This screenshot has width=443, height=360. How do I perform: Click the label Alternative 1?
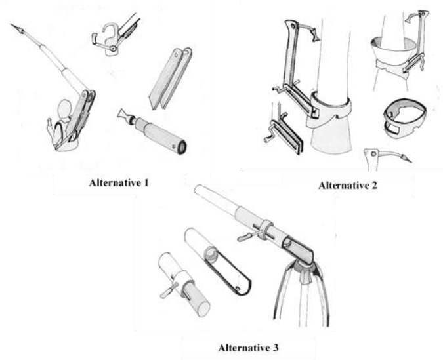click(x=118, y=183)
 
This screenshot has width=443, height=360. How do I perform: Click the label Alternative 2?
click(x=347, y=185)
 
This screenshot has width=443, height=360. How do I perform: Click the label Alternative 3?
click(x=248, y=348)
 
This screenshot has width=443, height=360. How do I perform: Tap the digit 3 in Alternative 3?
click(x=276, y=348)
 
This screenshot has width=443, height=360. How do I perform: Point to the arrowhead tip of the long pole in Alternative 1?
click(x=11, y=24)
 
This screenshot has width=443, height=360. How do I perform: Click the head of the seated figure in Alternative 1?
click(x=65, y=108)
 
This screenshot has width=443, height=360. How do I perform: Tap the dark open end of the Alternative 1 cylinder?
click(x=181, y=147)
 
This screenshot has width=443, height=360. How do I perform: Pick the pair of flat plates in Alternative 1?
click(x=171, y=78)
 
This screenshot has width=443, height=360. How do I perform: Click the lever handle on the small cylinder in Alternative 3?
click(x=169, y=290)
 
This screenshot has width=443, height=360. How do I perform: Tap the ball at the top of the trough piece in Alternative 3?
click(x=211, y=252)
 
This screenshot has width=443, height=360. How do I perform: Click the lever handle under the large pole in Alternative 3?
click(x=247, y=237)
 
